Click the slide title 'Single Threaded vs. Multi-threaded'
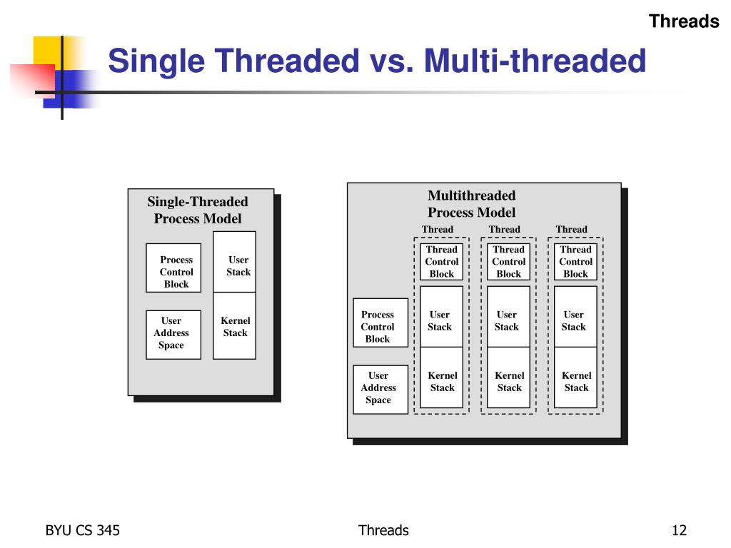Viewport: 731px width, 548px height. (377, 61)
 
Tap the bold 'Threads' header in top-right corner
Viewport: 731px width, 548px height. (683, 21)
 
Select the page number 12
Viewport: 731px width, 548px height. (678, 530)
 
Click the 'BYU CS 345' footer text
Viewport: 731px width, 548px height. (82, 530)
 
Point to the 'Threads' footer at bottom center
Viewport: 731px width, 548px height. (383, 530)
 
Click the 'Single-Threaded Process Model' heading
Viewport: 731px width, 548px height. (198, 210)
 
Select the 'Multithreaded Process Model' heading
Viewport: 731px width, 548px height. (471, 204)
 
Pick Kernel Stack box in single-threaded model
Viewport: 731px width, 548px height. (235, 326)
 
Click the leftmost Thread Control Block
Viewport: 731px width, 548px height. (441, 262)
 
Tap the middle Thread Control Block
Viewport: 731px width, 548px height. (508, 262)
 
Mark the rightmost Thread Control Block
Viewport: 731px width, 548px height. (575, 262)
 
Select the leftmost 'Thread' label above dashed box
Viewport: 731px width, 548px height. (437, 229)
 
